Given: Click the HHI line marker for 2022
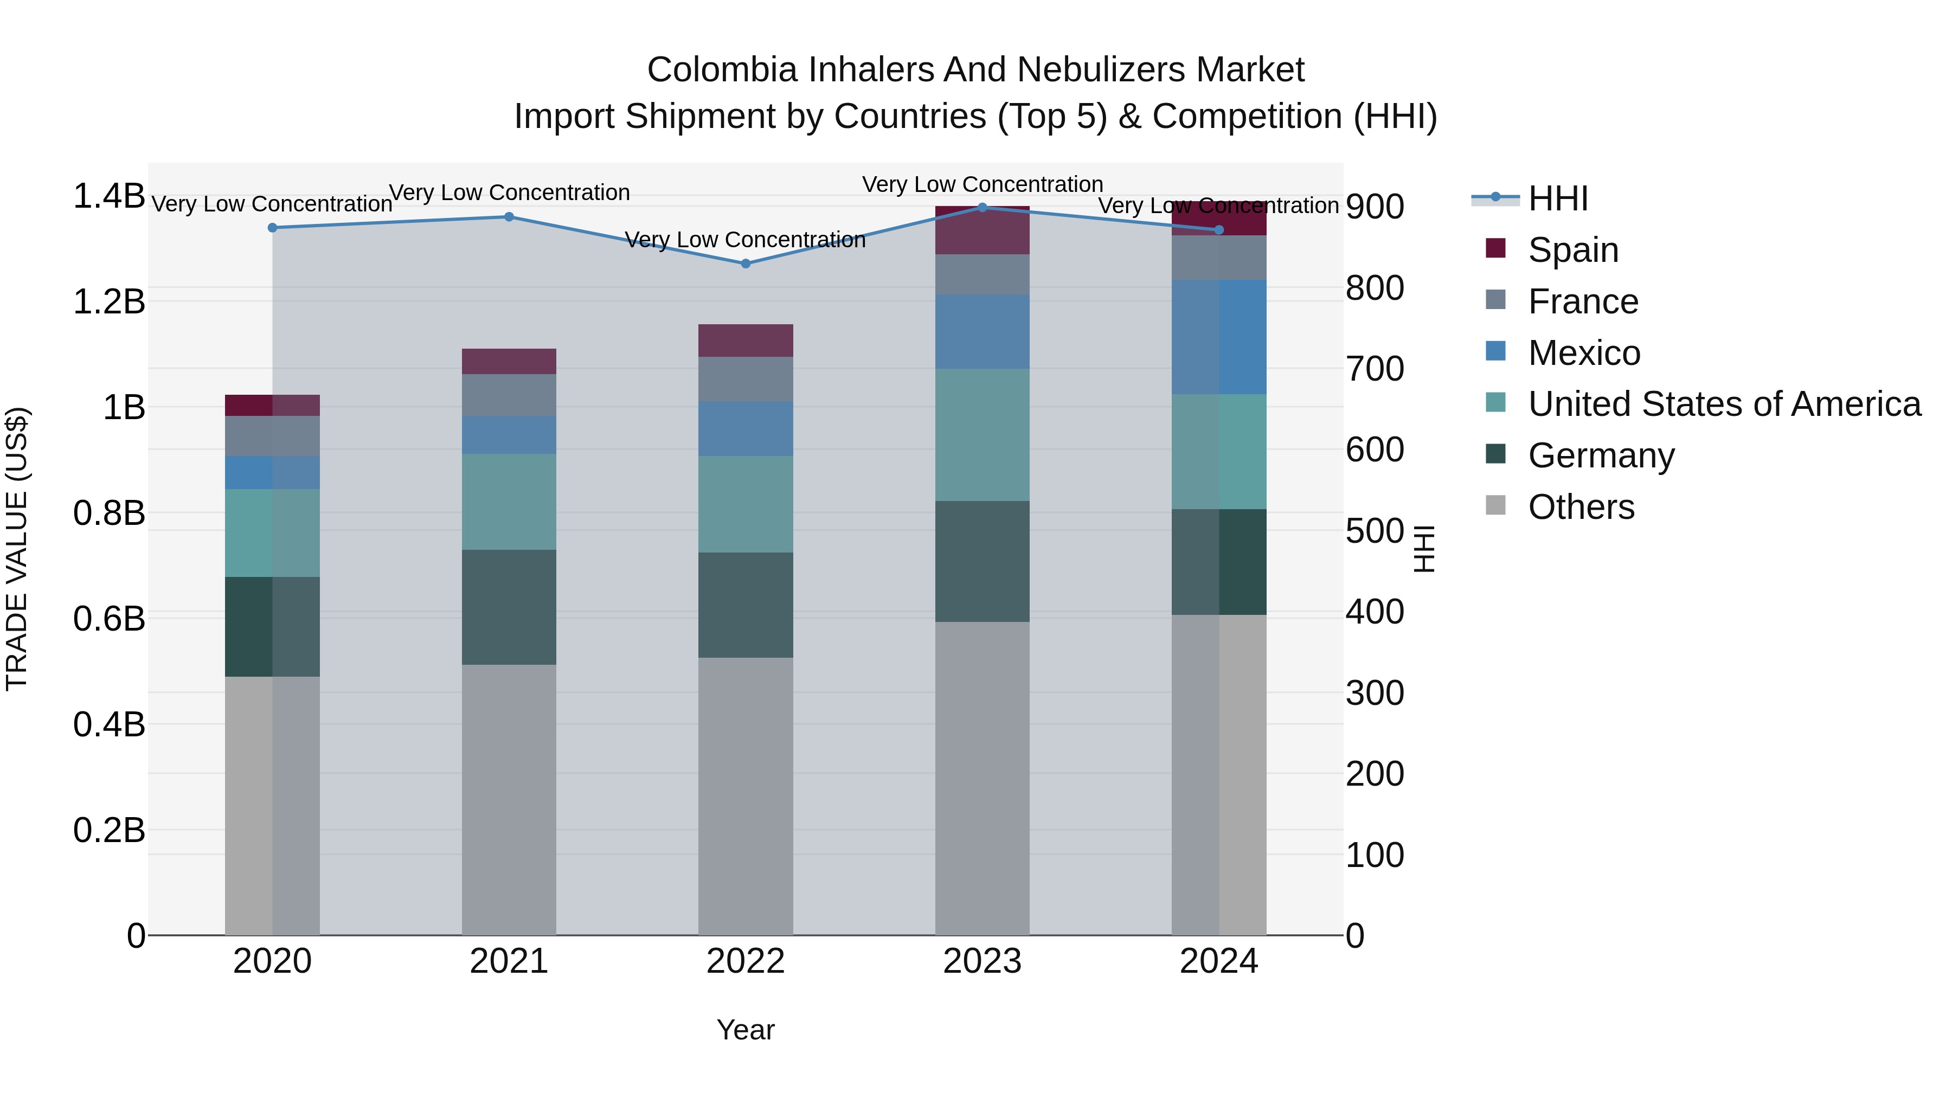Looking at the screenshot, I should click(x=746, y=264).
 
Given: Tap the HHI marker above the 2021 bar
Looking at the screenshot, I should click(x=509, y=217).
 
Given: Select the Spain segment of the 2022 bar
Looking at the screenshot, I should click(x=746, y=340).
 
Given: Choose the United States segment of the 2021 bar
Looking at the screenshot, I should click(x=509, y=502).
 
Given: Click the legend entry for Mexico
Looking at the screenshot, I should click(x=1584, y=353).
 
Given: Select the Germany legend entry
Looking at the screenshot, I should click(x=1601, y=455).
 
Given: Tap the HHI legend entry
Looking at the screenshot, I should click(x=1557, y=198).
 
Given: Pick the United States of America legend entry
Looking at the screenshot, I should click(x=1724, y=404).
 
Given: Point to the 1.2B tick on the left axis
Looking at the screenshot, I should click(x=109, y=301).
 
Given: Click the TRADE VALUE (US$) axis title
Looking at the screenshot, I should click(x=17, y=549).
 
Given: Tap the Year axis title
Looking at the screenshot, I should click(x=746, y=1030).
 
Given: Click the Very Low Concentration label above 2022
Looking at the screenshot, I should click(x=746, y=240).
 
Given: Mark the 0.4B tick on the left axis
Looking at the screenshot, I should click(x=109, y=724).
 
